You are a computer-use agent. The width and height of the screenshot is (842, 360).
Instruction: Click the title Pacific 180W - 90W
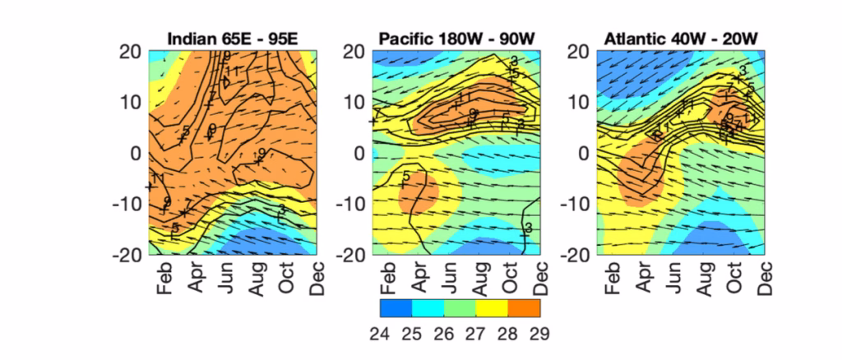(456, 39)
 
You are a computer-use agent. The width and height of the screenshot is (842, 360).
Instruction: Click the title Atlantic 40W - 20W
(681, 39)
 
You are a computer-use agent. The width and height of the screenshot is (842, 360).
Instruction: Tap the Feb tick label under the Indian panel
(161, 278)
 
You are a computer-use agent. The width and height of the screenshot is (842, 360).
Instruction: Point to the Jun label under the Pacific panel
(447, 278)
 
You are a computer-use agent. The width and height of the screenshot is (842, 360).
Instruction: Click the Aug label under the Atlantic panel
(705, 278)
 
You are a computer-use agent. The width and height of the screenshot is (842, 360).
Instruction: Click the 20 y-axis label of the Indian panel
(131, 51)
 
